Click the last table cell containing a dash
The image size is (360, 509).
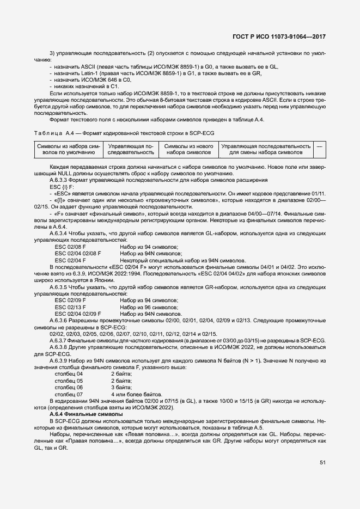[x=320, y=146]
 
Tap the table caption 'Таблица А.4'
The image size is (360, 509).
[x=50, y=133]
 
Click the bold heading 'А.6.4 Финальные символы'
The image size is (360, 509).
[x=86, y=415]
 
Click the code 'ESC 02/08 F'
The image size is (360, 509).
[x=71, y=247]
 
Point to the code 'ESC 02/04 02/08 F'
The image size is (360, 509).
[x=78, y=253]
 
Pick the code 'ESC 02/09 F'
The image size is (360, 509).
[x=71, y=301]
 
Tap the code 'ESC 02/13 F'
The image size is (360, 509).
[x=71, y=307]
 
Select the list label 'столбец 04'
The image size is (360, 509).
[x=69, y=375]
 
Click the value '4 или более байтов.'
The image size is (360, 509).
[x=136, y=394]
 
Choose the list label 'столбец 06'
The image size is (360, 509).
[x=69, y=388]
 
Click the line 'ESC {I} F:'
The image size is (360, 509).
[x=61, y=186]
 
